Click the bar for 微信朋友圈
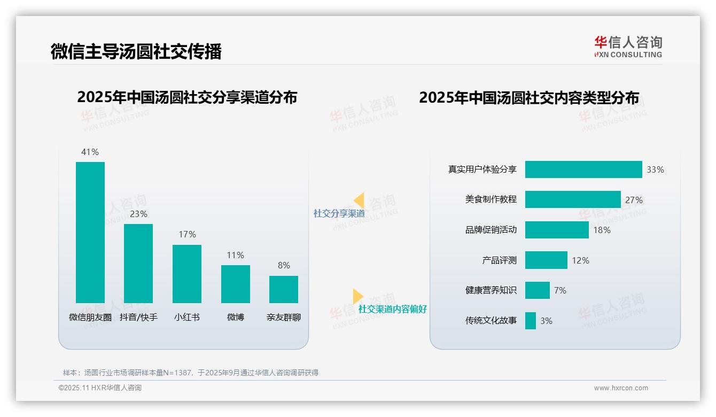click(x=90, y=233)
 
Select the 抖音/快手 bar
click(x=138, y=264)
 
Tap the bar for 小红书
click(x=187, y=274)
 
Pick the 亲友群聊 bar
click(x=284, y=289)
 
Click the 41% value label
click(x=90, y=152)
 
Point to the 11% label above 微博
click(x=235, y=255)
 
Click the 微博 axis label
click(x=236, y=317)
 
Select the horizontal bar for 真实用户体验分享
click(x=583, y=169)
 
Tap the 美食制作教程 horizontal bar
click(x=573, y=199)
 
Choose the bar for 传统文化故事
click(x=530, y=321)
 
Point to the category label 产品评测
click(x=499, y=260)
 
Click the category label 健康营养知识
click(x=491, y=290)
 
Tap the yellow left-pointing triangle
click(x=359, y=200)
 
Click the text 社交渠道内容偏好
click(x=392, y=309)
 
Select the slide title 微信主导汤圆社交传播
click(x=136, y=51)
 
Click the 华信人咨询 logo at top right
click(x=628, y=47)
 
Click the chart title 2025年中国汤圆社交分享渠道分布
click(x=187, y=97)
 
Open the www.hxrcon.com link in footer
click(x=621, y=388)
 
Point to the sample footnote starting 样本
click(x=191, y=373)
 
